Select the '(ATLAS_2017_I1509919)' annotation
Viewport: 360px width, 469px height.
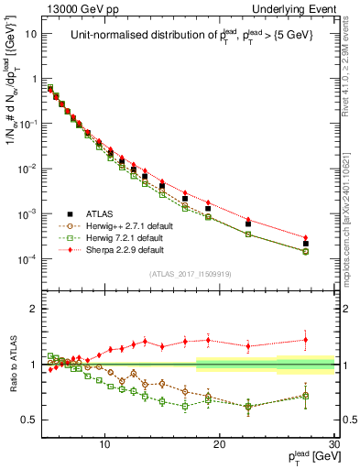coord(190,273)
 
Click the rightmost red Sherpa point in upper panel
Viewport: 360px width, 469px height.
coord(306,237)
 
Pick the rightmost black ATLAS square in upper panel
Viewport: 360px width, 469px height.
coord(306,244)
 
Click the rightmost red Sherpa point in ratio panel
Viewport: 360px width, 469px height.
coord(306,340)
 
